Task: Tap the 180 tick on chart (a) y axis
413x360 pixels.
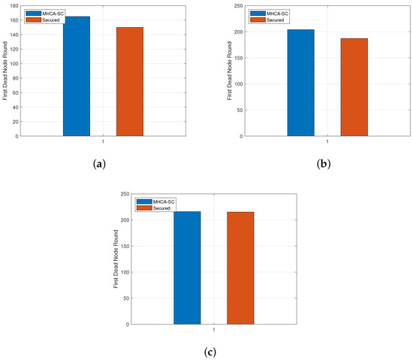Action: pyautogui.click(x=15, y=7)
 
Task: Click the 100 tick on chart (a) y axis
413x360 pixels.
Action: pyautogui.click(x=15, y=64)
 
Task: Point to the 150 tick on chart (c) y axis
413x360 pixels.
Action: pyautogui.click(x=125, y=247)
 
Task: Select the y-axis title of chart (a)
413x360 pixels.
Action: pyautogui.click(x=5, y=71)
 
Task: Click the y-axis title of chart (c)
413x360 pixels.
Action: pyautogui.click(x=116, y=259)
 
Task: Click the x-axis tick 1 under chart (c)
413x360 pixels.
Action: pyautogui.click(x=214, y=331)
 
